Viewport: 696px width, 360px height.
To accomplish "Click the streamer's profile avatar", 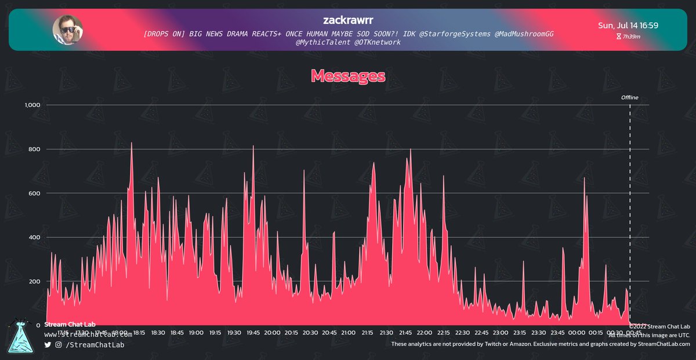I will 68,30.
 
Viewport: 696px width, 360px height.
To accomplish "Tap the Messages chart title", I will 348,76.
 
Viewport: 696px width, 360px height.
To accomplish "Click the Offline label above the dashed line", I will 629,97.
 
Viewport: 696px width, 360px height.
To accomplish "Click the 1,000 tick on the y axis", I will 31,105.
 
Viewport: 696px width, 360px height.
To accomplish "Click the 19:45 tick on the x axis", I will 253,333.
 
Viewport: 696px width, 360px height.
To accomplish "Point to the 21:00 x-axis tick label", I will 348,333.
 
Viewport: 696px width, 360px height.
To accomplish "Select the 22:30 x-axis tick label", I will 462,333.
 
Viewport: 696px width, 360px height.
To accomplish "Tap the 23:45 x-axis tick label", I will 557,333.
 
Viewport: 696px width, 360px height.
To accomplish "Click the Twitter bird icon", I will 48,345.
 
